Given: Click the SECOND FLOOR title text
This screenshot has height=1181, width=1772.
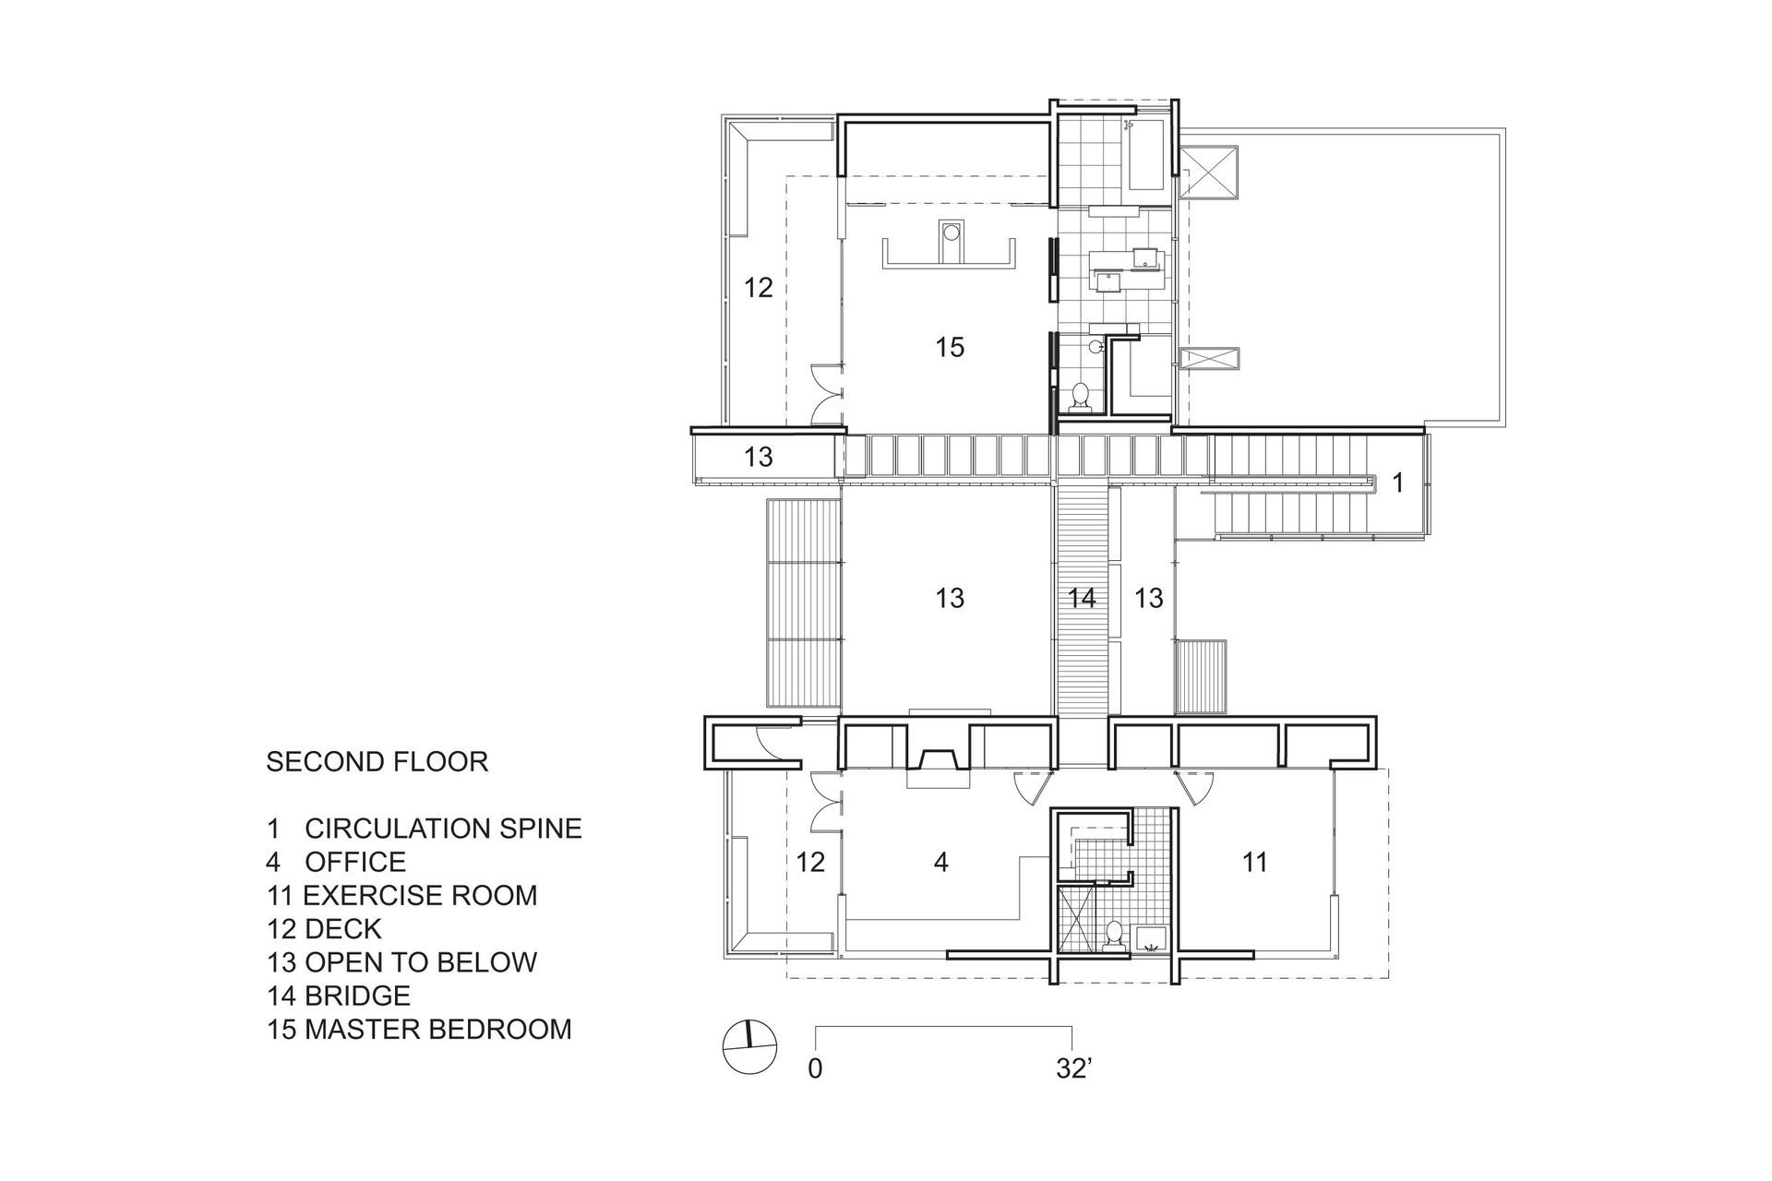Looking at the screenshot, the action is (377, 762).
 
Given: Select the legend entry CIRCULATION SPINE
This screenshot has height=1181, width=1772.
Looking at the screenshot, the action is (443, 829).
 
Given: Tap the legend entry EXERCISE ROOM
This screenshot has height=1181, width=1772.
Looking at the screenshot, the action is (420, 895).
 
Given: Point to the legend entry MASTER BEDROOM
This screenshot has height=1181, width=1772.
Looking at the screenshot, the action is (438, 1029).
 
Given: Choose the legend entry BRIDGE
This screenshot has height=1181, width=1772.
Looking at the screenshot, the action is (357, 996).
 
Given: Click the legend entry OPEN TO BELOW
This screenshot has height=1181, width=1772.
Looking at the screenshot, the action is (421, 962).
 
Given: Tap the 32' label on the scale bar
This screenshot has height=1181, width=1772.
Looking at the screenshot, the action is (1074, 1069).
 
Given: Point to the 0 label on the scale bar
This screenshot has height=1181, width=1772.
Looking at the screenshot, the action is (815, 1069).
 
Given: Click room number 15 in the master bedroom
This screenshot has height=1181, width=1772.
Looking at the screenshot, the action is (950, 348).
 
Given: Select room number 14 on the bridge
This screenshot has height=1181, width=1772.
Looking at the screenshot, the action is (1082, 598).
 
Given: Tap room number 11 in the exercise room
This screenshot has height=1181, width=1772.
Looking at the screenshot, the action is (1254, 863).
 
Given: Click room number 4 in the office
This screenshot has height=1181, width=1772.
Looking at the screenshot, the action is (941, 863).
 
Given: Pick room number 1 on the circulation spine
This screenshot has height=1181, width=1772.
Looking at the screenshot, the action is (1398, 483).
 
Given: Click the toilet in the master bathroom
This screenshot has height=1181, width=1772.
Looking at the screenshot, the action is (1081, 397).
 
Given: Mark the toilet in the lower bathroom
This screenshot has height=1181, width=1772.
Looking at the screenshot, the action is (1115, 935).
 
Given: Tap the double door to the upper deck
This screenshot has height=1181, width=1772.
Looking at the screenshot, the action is (182, 394).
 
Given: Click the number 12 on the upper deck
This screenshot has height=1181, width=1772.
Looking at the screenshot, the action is (759, 288).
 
